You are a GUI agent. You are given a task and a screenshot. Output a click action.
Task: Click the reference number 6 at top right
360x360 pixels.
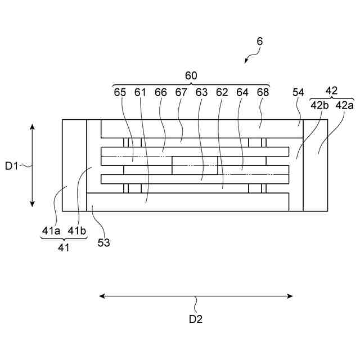259,41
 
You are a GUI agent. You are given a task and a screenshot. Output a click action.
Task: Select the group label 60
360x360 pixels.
191,75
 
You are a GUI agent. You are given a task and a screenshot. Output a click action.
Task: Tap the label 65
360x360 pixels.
120,92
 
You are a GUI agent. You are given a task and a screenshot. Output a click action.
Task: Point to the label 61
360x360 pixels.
140,92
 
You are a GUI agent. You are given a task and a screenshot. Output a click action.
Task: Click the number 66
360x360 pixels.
161,92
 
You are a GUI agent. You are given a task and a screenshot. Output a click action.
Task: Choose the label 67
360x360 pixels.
181,92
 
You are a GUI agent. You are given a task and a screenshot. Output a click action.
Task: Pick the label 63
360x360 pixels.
202,92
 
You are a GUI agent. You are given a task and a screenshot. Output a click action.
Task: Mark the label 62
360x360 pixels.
222,92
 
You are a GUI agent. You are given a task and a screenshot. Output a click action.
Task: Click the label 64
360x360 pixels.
242,92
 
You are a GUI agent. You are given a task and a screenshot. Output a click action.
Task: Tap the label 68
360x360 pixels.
263,92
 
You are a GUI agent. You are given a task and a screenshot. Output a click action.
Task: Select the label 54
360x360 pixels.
298,92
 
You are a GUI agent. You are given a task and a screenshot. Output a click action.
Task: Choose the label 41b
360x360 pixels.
77,230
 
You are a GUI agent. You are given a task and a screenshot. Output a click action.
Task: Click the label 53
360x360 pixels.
103,242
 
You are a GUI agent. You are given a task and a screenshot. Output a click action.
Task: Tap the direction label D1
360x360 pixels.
12,165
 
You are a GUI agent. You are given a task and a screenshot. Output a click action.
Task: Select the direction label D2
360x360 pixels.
195,319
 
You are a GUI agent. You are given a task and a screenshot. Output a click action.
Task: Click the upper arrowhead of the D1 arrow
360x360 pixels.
33,127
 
